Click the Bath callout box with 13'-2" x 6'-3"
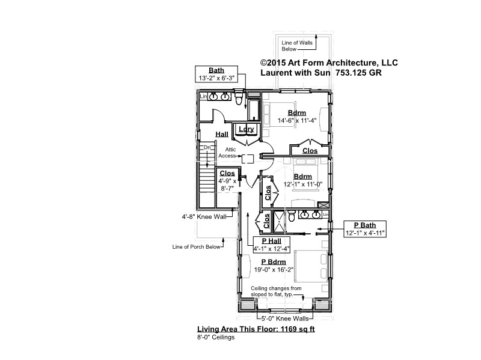point(216,74)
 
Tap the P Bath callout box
point(365,229)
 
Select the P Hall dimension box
point(272,245)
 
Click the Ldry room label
point(247,129)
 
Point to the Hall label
point(222,134)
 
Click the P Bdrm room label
point(274,262)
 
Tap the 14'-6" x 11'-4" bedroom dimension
point(297,121)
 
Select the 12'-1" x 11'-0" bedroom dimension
point(303,185)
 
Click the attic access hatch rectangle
point(248,159)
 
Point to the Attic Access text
point(228,153)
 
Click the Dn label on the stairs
point(207,147)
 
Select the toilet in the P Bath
point(292,216)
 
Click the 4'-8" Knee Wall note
point(204,217)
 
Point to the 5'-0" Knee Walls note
point(285,319)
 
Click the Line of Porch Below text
point(197,247)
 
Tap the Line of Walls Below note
point(297,46)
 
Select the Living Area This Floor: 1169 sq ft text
point(256,329)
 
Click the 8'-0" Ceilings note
point(216,337)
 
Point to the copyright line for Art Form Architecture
point(329,63)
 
